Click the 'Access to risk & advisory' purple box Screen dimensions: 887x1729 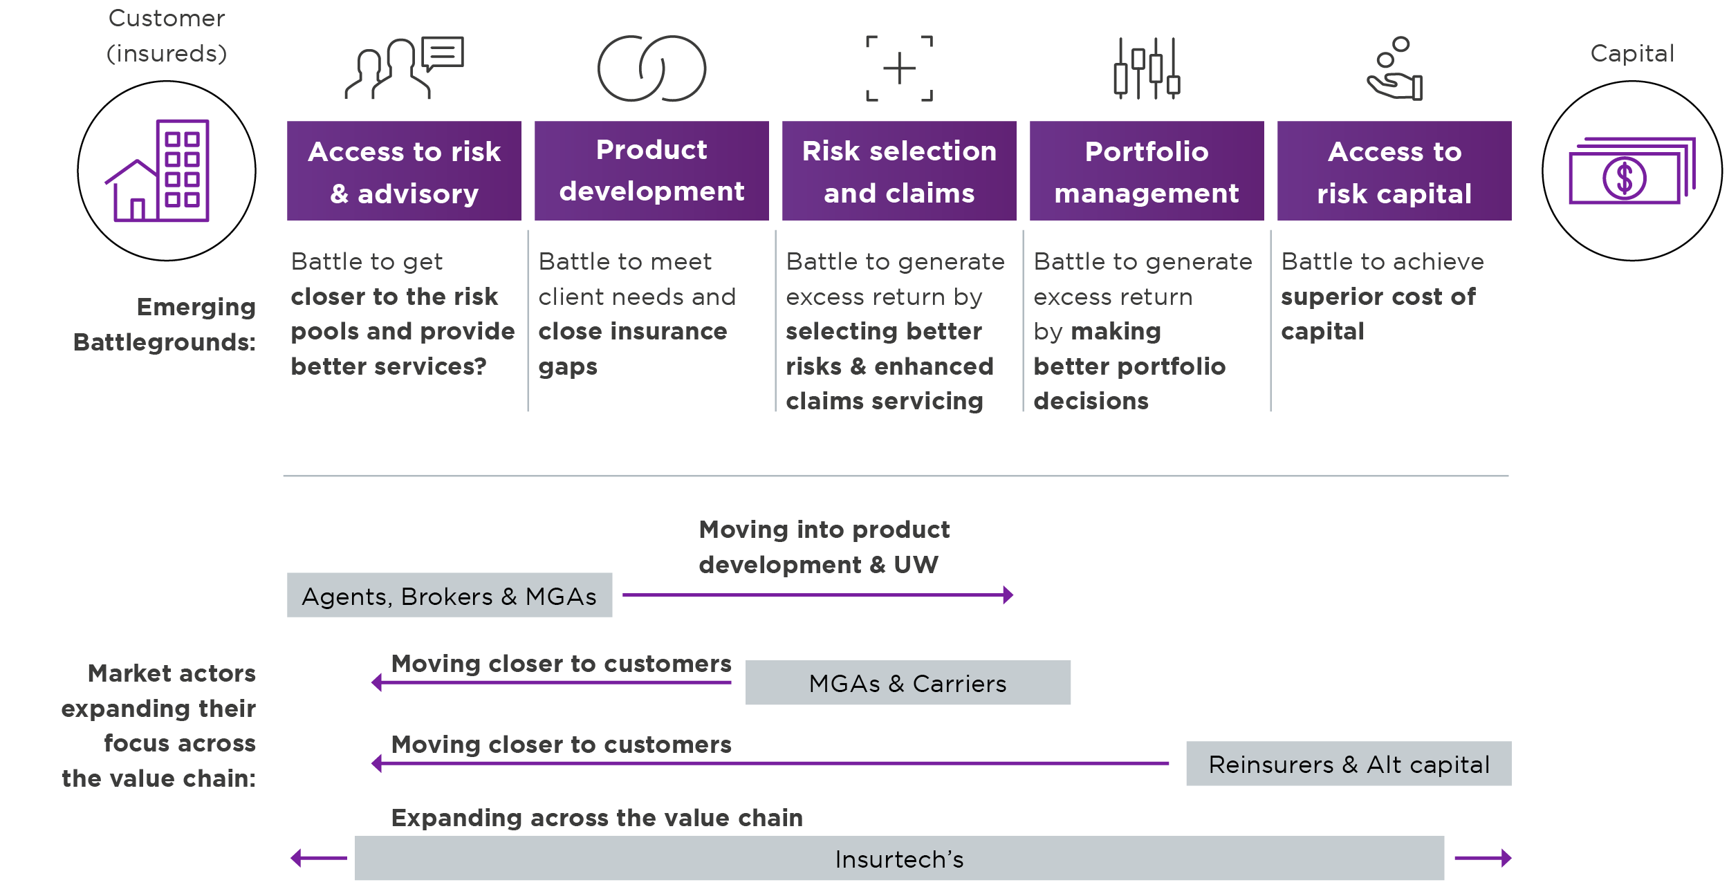pyautogui.click(x=404, y=171)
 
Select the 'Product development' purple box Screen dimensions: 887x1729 pyautogui.click(x=651, y=171)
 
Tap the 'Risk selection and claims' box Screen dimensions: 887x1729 pyautogui.click(x=899, y=171)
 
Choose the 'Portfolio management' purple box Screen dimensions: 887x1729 pyautogui.click(x=1147, y=171)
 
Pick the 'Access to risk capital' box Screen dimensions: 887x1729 pyautogui.click(x=1394, y=171)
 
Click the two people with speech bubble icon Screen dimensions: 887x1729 pyautogui.click(x=405, y=68)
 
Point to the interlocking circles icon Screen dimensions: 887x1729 pyautogui.click(x=651, y=68)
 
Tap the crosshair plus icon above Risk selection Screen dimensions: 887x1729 pyautogui.click(x=899, y=68)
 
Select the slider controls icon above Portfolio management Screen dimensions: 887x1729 pyautogui.click(x=1146, y=68)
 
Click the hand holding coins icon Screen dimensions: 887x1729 pyautogui.click(x=1394, y=68)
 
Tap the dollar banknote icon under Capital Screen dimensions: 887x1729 pyautogui.click(x=1632, y=171)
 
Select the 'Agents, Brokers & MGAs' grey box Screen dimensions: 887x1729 pyautogui.click(x=450, y=595)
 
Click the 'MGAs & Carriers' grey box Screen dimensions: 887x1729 pyautogui.click(x=908, y=683)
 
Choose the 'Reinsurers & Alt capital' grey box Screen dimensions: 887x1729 pyautogui.click(x=1349, y=764)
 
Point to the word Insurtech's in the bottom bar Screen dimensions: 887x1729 pyautogui.click(x=899, y=859)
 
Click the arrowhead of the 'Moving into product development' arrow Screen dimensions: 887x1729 pyautogui.click(x=1008, y=595)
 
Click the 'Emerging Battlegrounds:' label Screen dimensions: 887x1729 pyautogui.click(x=165, y=324)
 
